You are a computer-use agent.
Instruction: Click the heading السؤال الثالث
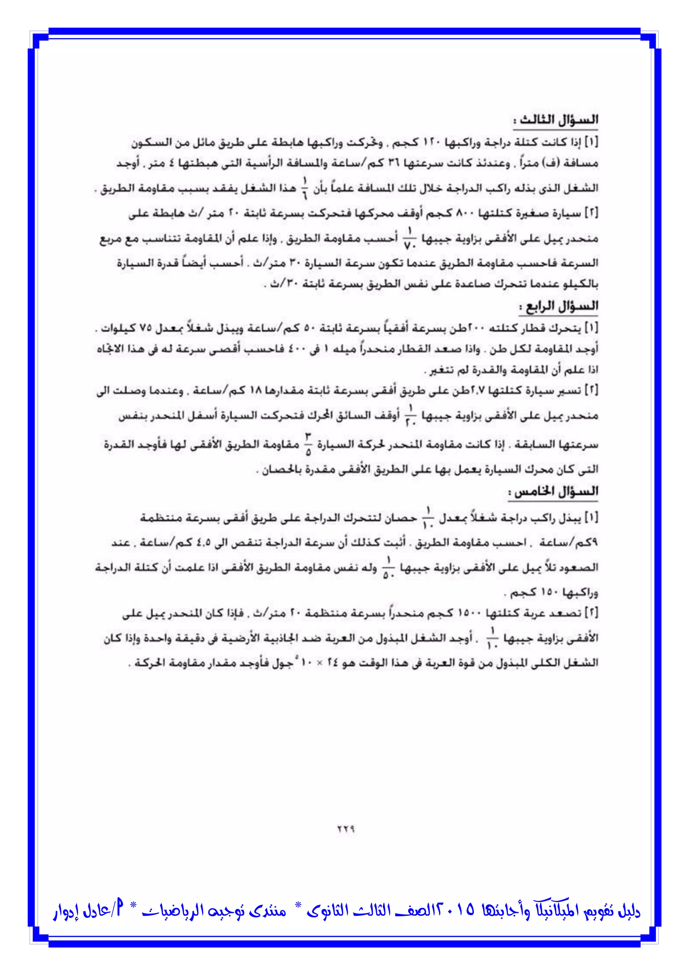[556, 121]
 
